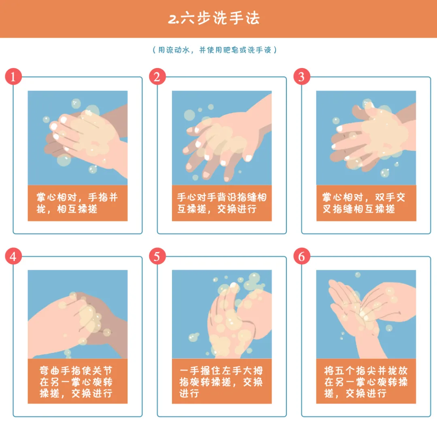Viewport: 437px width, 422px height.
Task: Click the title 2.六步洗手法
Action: point(214,18)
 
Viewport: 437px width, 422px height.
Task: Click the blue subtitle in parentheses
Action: point(214,50)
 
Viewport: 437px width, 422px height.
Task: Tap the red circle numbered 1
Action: point(13,76)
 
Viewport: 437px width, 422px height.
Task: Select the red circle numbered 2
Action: point(157,76)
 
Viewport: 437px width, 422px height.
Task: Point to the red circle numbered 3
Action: point(302,76)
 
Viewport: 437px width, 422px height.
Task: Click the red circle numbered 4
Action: point(13,256)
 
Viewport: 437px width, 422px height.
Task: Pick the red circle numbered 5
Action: point(157,256)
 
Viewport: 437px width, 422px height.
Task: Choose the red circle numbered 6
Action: point(302,256)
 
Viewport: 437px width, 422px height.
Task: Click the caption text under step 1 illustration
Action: point(77,203)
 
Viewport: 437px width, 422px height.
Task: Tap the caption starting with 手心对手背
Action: point(222,203)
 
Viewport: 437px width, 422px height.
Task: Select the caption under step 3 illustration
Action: point(364,203)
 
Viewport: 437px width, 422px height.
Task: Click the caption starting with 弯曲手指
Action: point(76,382)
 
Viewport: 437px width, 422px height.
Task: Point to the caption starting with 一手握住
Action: point(221,382)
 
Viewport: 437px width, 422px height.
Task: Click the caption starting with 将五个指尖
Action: point(366,382)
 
